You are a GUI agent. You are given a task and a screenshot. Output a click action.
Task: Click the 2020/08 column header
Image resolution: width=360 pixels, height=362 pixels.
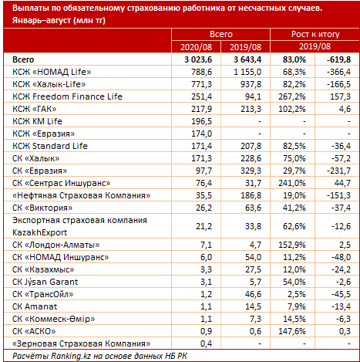tap(196, 47)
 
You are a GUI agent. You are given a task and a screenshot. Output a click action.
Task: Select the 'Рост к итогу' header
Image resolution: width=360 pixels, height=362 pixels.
tap(315, 34)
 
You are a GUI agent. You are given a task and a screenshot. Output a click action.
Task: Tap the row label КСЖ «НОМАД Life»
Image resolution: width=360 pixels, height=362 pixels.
tap(52, 72)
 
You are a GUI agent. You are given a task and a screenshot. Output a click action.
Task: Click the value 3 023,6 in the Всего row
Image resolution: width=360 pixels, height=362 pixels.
tap(198, 59)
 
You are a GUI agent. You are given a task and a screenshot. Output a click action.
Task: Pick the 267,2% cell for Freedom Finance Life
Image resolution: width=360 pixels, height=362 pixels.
tap(292, 96)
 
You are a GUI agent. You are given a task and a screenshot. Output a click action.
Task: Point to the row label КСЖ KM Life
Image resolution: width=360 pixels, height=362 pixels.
tap(37, 121)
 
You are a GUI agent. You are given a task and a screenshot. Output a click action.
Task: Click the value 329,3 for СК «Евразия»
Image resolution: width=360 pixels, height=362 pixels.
tap(251, 171)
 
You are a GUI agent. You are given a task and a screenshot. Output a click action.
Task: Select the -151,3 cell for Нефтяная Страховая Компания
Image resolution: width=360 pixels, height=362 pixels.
tap(338, 195)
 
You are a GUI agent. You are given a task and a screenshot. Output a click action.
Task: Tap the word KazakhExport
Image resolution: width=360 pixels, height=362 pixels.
tap(39, 232)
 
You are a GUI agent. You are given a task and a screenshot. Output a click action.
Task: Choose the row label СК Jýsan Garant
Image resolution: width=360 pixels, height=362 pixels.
tap(45, 282)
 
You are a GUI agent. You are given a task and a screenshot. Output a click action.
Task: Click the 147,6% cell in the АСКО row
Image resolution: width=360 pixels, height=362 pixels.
tap(292, 331)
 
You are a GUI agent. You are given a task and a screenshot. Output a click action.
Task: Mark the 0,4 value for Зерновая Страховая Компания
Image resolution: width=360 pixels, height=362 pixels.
tap(207, 343)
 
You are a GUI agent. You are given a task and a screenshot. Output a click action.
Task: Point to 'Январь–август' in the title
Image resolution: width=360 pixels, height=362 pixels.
tap(42, 20)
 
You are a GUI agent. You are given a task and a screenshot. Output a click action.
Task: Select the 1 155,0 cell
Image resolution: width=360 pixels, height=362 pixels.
tap(247, 72)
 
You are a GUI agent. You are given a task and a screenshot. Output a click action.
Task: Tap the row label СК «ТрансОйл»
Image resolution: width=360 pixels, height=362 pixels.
tap(42, 294)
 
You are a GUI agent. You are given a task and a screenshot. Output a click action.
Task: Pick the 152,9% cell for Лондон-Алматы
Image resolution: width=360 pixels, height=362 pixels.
tap(292, 245)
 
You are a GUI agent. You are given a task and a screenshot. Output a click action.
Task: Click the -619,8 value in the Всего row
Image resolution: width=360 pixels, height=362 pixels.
tap(338, 59)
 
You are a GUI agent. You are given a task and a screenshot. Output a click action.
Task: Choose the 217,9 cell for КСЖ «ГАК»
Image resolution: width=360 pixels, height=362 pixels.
tap(202, 109)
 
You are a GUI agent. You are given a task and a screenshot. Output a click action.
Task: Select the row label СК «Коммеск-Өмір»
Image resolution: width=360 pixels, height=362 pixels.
tap(53, 319)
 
